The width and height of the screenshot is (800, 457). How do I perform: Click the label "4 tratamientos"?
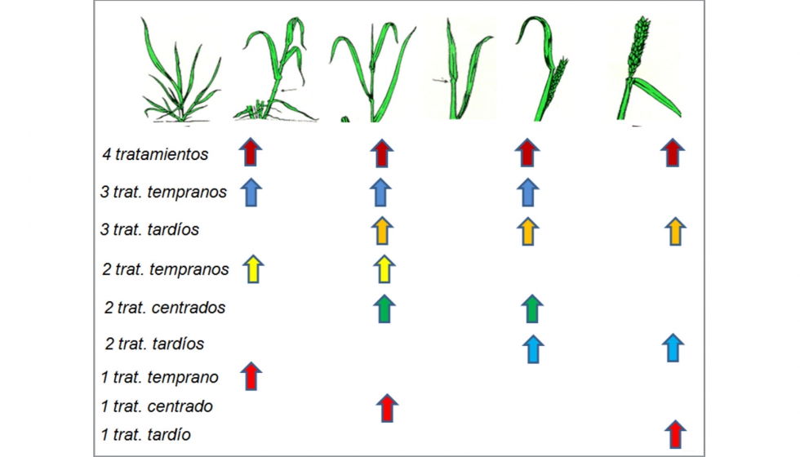155,154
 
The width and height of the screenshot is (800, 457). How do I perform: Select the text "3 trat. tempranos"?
163,192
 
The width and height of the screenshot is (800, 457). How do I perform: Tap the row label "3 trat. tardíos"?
149,229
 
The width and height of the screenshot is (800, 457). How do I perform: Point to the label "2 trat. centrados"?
165,308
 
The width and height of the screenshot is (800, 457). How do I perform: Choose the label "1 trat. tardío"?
146,434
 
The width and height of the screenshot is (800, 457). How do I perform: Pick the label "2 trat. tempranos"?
165,268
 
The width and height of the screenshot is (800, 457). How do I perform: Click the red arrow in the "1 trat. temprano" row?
251,376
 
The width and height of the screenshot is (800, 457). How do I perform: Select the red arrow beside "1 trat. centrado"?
387,408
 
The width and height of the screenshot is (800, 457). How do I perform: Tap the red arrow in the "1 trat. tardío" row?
676,434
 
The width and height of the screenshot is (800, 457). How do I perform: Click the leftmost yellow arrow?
253,268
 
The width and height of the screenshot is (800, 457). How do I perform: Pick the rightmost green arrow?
532,308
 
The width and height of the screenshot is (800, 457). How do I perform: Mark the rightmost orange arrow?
676,231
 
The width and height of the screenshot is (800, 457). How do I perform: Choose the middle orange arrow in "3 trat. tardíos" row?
528,231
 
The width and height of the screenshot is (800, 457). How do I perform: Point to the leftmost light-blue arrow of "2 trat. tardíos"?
533,349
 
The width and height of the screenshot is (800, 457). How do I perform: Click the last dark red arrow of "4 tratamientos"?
673,153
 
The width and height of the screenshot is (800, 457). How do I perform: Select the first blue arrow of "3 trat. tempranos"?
251,193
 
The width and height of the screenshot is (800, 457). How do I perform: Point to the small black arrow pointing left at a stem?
288,91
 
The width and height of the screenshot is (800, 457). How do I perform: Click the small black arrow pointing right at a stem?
440,80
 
